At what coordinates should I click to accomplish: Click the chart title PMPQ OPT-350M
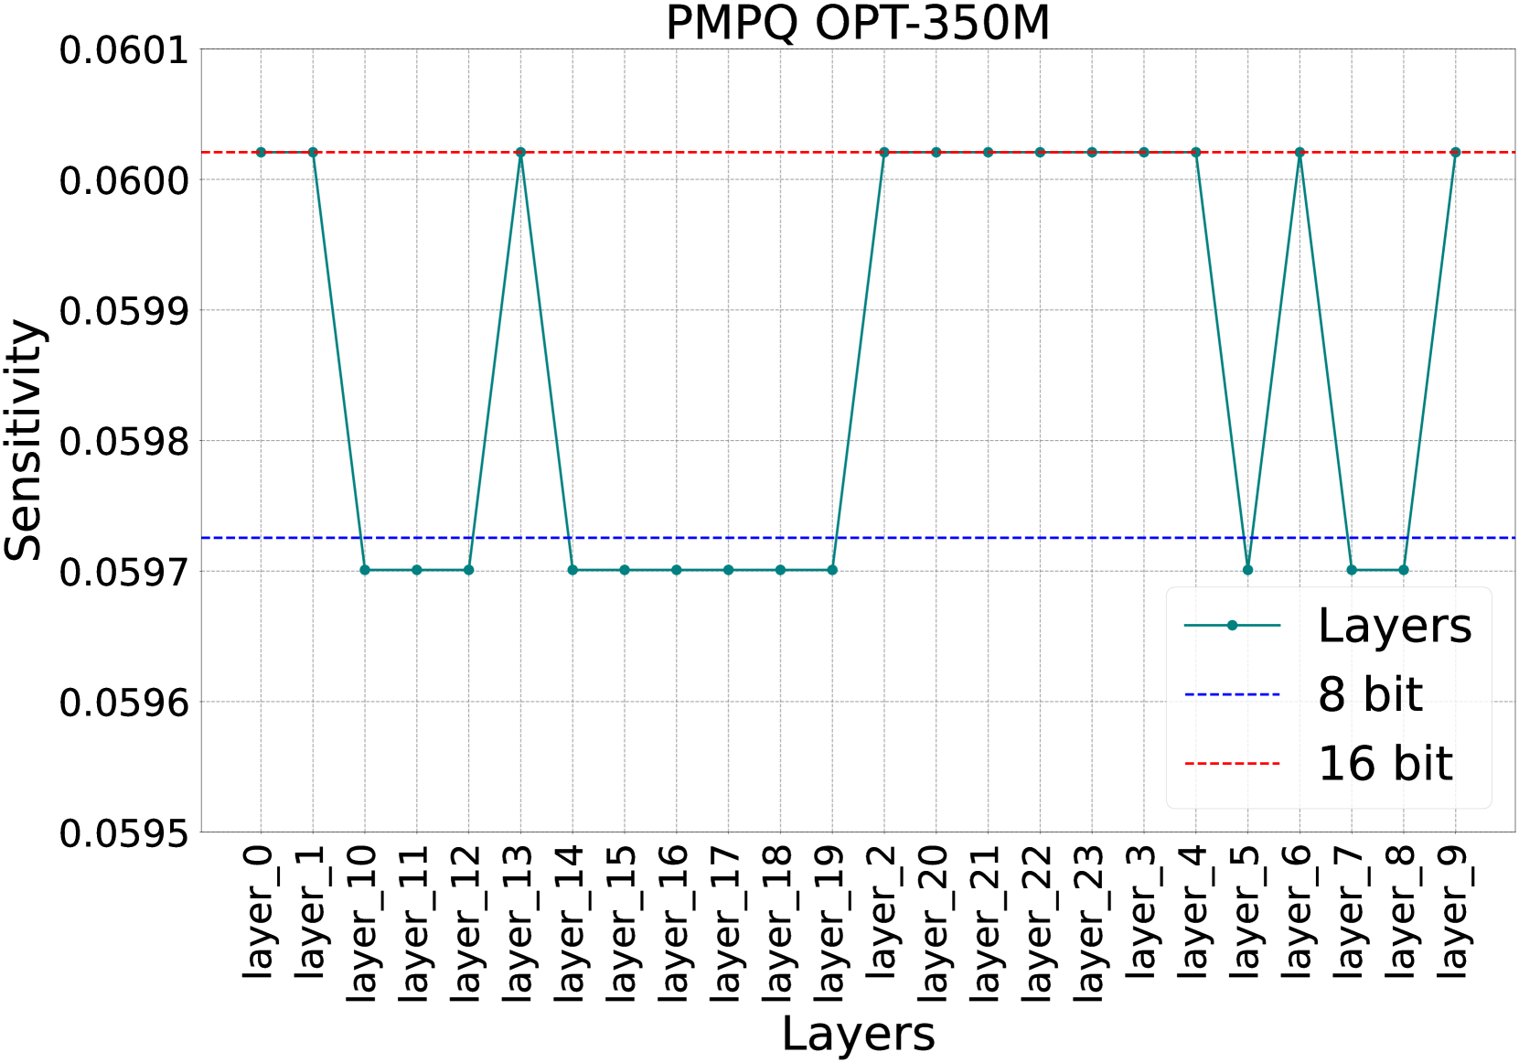[857, 23]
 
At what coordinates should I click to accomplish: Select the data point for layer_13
[520, 152]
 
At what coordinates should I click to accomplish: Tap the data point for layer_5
[1247, 570]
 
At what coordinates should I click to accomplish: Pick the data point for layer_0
[261, 152]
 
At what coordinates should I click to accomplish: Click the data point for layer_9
[1455, 152]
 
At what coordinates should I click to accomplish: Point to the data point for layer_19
[832, 570]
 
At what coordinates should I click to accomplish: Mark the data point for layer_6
[1300, 152]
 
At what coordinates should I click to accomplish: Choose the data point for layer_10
[365, 570]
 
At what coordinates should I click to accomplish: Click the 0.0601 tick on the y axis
[123, 50]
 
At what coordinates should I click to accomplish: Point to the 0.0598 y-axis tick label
[123, 442]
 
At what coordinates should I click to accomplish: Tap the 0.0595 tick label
[123, 833]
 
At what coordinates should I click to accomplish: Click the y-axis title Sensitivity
[25, 440]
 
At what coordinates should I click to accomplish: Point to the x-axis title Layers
[858, 1035]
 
